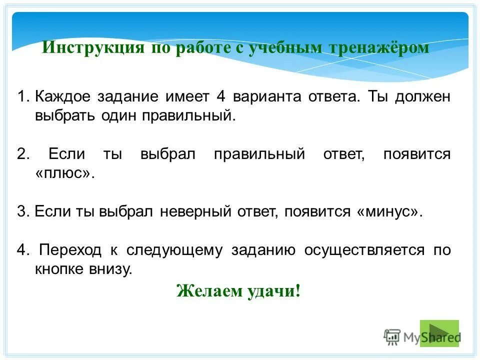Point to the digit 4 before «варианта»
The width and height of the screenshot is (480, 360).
[x=221, y=96]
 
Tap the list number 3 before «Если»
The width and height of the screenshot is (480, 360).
[x=21, y=211]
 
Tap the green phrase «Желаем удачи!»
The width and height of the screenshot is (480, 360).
[x=238, y=290]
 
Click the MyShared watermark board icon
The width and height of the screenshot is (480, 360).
[x=392, y=337]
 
